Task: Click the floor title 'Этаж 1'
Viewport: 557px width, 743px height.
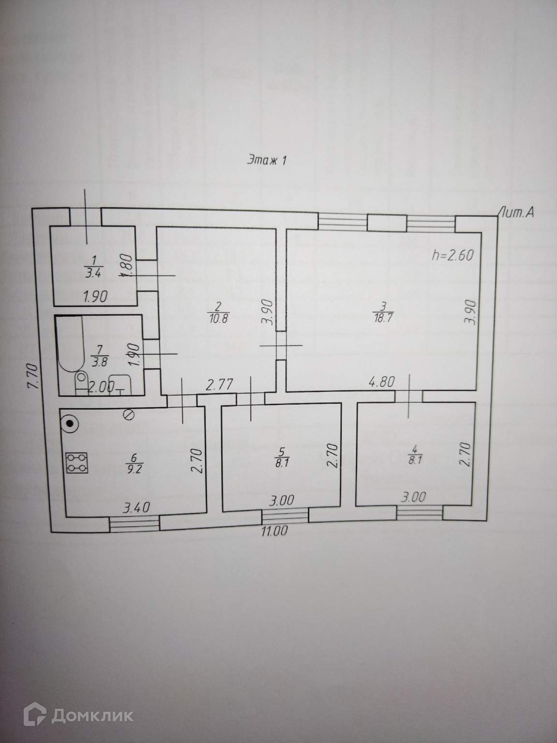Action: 267,161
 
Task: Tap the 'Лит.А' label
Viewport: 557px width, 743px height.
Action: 517,212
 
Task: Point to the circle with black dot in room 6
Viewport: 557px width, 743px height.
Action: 71,424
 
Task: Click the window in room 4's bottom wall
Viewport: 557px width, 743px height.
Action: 420,512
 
